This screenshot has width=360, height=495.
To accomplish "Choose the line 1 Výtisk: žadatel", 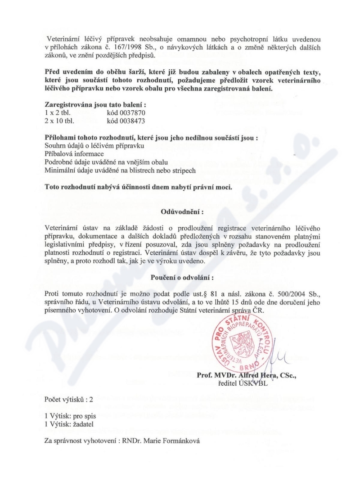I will click(67, 424).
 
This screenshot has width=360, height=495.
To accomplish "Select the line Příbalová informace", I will click(75, 153).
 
